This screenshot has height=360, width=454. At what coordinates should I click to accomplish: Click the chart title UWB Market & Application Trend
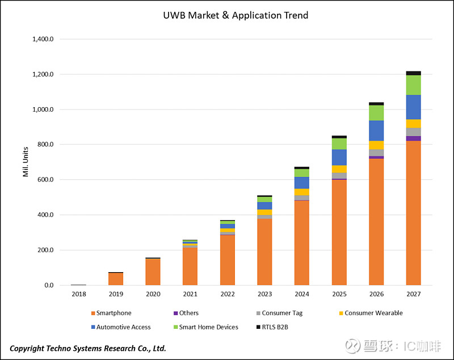coord(235,15)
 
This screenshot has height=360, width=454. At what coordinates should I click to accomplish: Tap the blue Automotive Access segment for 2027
coord(413,107)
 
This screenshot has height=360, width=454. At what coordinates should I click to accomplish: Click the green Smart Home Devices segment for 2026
coord(376,113)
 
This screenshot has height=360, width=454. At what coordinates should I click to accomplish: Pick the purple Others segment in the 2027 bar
coord(413,138)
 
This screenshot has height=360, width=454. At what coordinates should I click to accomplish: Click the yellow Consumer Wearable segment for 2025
coord(339,169)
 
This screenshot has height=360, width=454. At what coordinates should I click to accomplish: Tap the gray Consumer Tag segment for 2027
coord(413,132)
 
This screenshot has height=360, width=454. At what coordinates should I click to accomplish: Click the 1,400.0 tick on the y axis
coord(43,39)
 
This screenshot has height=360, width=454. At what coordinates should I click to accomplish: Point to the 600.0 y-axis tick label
coord(45,180)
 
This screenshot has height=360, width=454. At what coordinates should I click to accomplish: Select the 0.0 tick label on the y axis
coord(48,285)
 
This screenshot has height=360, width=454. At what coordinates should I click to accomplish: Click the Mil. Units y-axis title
coord(26,162)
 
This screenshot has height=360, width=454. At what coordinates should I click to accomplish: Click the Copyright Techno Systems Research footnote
coord(88,348)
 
